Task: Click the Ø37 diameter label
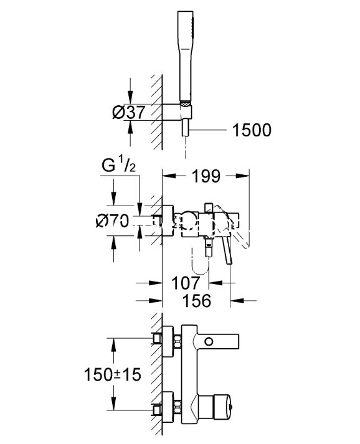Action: point(129,112)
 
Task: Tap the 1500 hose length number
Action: point(252,130)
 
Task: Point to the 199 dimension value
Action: point(206,176)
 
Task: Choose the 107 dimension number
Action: point(186,283)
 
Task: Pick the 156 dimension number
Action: point(197,301)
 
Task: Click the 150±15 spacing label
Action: point(113,374)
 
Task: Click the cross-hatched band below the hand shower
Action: point(186,103)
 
